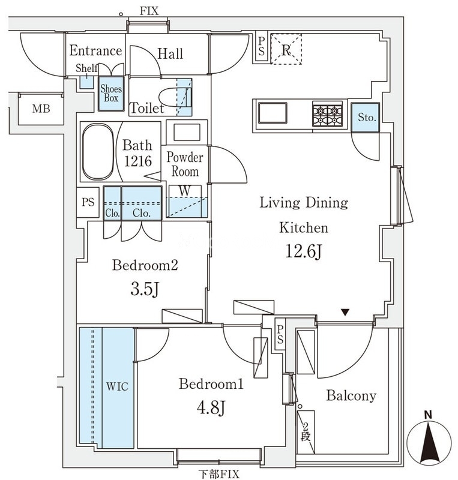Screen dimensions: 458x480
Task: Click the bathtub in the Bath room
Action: [x=98, y=152]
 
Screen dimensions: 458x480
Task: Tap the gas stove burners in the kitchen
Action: [x=327, y=114]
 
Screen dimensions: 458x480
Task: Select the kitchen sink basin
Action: [x=273, y=113]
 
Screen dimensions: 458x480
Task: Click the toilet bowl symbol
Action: [x=176, y=98]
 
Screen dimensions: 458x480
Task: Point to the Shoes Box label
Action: [x=111, y=94]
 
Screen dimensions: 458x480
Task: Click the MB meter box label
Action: [x=41, y=109]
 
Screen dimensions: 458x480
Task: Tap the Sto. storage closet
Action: [x=366, y=118]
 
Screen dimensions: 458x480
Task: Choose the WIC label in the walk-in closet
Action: [x=117, y=386]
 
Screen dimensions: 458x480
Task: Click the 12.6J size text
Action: [x=304, y=251]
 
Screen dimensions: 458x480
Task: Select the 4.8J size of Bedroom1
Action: [x=211, y=407]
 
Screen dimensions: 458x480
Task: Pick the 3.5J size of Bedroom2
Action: [x=145, y=289]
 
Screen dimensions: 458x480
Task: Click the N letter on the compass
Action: [x=428, y=415]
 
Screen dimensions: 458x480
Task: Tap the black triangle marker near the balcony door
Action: [x=346, y=313]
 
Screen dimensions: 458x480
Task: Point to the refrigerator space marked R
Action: [x=286, y=49]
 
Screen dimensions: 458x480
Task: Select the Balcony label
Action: [x=351, y=395]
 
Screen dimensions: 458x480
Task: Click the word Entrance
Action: [x=95, y=50]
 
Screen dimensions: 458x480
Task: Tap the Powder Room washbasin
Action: [x=187, y=132]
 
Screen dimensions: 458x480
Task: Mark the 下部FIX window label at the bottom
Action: [x=218, y=474]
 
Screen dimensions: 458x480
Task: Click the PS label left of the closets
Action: [x=88, y=202]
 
